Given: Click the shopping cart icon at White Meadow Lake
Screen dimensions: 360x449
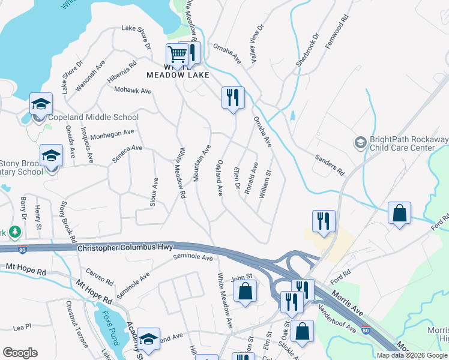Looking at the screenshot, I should pos(178,55).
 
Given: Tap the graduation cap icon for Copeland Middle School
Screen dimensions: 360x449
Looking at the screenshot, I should pos(41,104).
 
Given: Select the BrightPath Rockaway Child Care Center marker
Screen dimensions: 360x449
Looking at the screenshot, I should pos(360,142).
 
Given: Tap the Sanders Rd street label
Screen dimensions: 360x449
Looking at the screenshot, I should pos(330,165).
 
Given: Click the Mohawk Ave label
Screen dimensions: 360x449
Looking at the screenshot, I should pos(133,91).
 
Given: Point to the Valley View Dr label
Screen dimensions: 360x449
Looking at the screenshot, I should pos(256,41).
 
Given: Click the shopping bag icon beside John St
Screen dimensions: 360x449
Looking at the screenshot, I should pos(245,293).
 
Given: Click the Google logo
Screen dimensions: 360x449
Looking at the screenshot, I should pos(20,353).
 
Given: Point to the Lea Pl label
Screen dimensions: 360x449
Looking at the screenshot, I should pos(22,328).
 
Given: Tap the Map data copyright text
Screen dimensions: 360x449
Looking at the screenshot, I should pos(412,355).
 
